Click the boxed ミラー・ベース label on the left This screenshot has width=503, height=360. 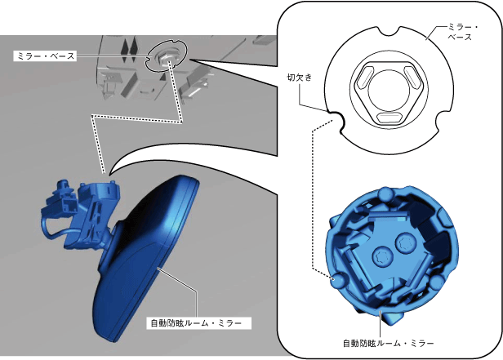(x=45, y=56)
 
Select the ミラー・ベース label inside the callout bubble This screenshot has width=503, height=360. (x=462, y=33)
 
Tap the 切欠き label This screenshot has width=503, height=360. (x=299, y=78)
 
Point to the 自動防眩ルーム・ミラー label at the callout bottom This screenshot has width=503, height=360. (x=388, y=344)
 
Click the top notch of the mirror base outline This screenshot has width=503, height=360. (x=389, y=31)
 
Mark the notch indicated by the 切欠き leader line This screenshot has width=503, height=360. (x=336, y=121)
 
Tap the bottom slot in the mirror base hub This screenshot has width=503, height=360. (x=389, y=118)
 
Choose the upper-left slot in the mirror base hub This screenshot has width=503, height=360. (x=365, y=77)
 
